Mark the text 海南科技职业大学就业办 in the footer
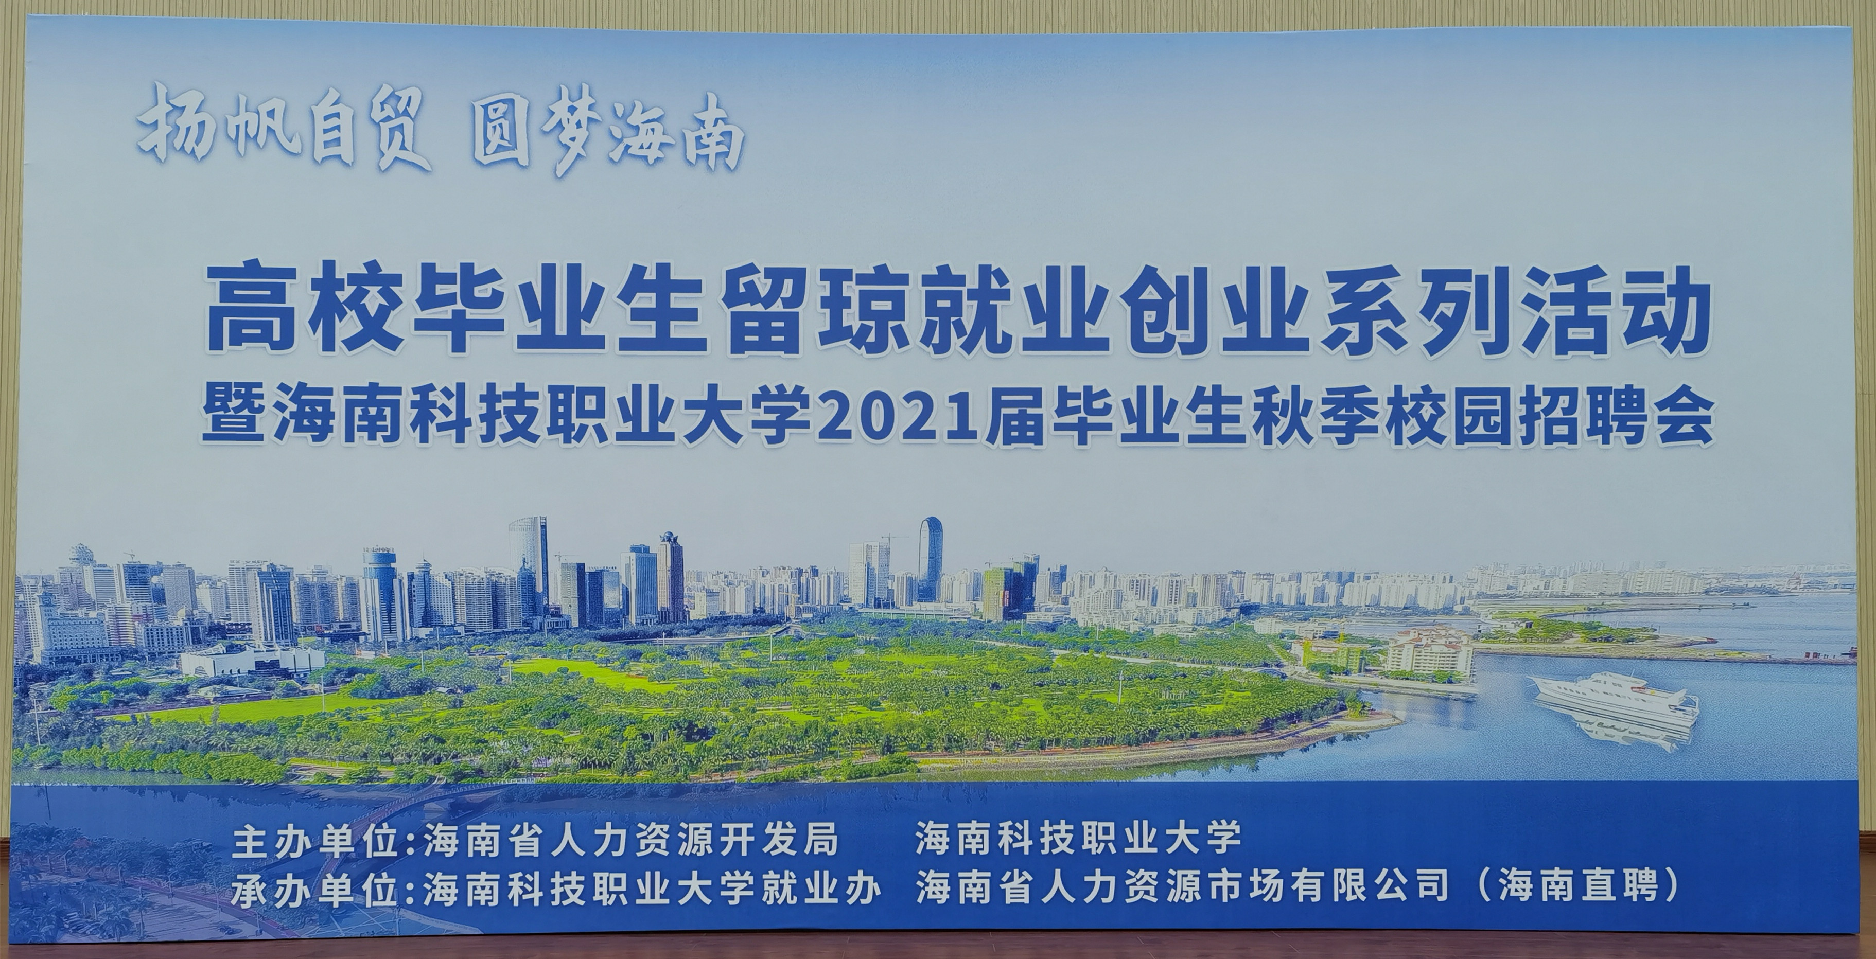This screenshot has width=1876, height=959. [x=652, y=889]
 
